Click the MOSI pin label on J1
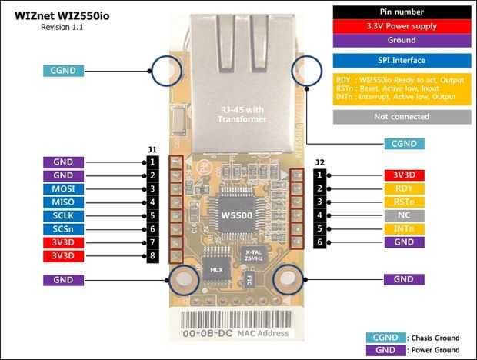[x=63, y=189]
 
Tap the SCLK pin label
[x=63, y=216]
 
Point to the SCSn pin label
[x=63, y=229]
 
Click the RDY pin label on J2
[x=404, y=188]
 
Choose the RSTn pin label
[x=404, y=202]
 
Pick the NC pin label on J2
[x=404, y=215]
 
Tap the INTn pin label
[x=404, y=228]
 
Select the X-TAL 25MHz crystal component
[x=251, y=255]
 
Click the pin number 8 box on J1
[x=153, y=256]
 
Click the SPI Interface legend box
[x=402, y=60]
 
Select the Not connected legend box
[x=402, y=117]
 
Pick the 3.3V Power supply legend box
[x=402, y=26]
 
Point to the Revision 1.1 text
[x=62, y=27]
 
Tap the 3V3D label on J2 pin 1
[x=404, y=175]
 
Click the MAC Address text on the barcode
[x=264, y=333]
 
